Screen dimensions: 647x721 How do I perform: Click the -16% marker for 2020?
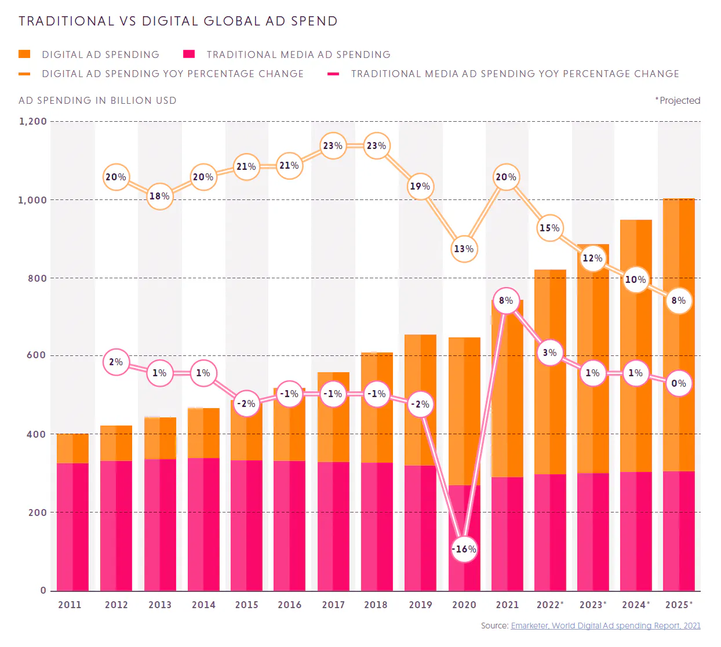464,549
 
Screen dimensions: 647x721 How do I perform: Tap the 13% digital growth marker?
464,249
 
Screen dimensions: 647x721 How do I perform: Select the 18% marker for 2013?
159,197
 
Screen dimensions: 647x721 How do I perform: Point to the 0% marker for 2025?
678,383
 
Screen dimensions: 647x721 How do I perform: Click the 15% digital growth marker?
549,228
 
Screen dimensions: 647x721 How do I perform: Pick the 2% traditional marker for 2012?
116,362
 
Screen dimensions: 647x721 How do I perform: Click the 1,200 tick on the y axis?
33,121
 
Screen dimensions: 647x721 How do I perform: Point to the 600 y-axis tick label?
37,355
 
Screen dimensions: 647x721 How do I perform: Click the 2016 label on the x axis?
289,605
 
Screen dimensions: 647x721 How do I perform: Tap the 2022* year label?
549,605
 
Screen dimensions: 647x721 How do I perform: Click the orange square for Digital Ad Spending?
24,54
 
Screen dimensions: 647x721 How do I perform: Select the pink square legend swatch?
189,54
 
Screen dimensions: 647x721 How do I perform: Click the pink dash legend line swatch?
333,74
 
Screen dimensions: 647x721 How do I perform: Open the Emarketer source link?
605,626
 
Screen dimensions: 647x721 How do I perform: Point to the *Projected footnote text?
678,100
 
